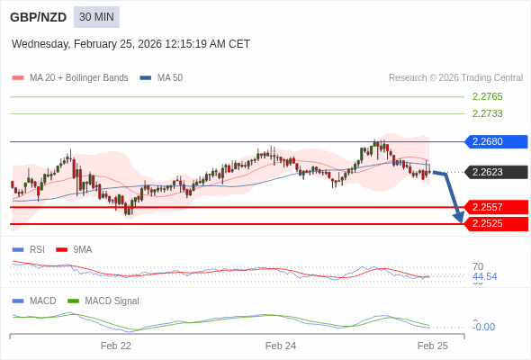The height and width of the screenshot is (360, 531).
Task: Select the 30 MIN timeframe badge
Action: pyautogui.click(x=96, y=17)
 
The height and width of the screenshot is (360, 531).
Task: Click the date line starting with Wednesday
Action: pyautogui.click(x=130, y=44)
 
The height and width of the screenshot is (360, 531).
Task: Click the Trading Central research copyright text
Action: pyautogui.click(x=455, y=78)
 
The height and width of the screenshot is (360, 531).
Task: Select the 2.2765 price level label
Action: pyautogui.click(x=487, y=96)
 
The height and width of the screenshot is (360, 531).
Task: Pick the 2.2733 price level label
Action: pyautogui.click(x=487, y=113)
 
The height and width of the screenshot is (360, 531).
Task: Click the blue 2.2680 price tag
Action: pyautogui.click(x=494, y=141)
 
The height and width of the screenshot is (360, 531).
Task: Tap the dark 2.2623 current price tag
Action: pyautogui.click(x=494, y=172)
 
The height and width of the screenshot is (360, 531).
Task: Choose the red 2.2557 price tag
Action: pyautogui.click(x=494, y=207)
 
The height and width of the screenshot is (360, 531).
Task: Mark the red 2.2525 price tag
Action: pyautogui.click(x=494, y=223)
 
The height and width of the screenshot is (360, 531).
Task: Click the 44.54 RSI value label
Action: pyautogui.click(x=484, y=276)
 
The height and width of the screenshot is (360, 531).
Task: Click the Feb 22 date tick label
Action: pyautogui.click(x=116, y=346)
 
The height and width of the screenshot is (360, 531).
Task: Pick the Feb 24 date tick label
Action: pyautogui.click(x=281, y=346)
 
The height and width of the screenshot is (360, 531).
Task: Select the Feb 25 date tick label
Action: pyautogui.click(x=432, y=346)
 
